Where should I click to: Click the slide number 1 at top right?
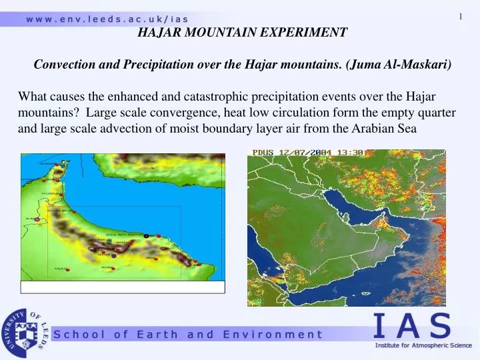461,17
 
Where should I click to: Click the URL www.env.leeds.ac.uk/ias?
107,19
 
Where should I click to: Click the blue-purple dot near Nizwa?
114,255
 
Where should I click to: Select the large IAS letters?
411,327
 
